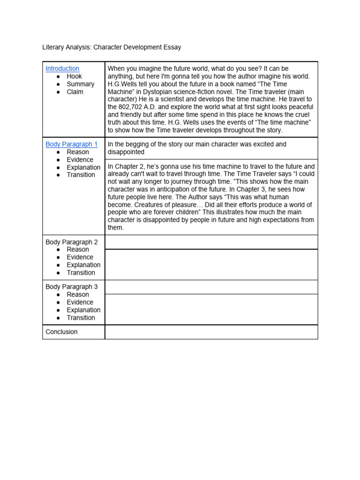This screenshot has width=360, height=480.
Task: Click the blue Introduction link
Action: click(62, 68)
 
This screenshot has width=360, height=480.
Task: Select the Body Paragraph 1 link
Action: click(71, 144)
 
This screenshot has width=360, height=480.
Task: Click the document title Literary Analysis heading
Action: click(112, 47)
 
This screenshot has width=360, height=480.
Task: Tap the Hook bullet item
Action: click(74, 76)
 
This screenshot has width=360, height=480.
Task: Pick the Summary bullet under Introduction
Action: click(80, 84)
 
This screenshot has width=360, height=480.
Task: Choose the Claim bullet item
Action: click(75, 92)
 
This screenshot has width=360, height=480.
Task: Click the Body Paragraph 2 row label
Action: click(71, 242)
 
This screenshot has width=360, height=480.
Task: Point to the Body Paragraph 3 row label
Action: click(71, 287)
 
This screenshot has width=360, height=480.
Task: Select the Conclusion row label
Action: click(61, 332)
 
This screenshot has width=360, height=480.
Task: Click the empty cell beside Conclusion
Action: click(211, 332)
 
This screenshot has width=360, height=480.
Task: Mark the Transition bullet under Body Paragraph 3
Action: click(81, 318)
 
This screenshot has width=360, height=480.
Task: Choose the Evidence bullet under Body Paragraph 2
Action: click(80, 257)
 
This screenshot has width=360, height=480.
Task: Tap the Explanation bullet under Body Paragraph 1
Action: click(83, 167)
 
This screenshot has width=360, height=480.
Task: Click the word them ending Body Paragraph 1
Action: click(115, 228)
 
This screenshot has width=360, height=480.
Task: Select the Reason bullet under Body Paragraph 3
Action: click(77, 294)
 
